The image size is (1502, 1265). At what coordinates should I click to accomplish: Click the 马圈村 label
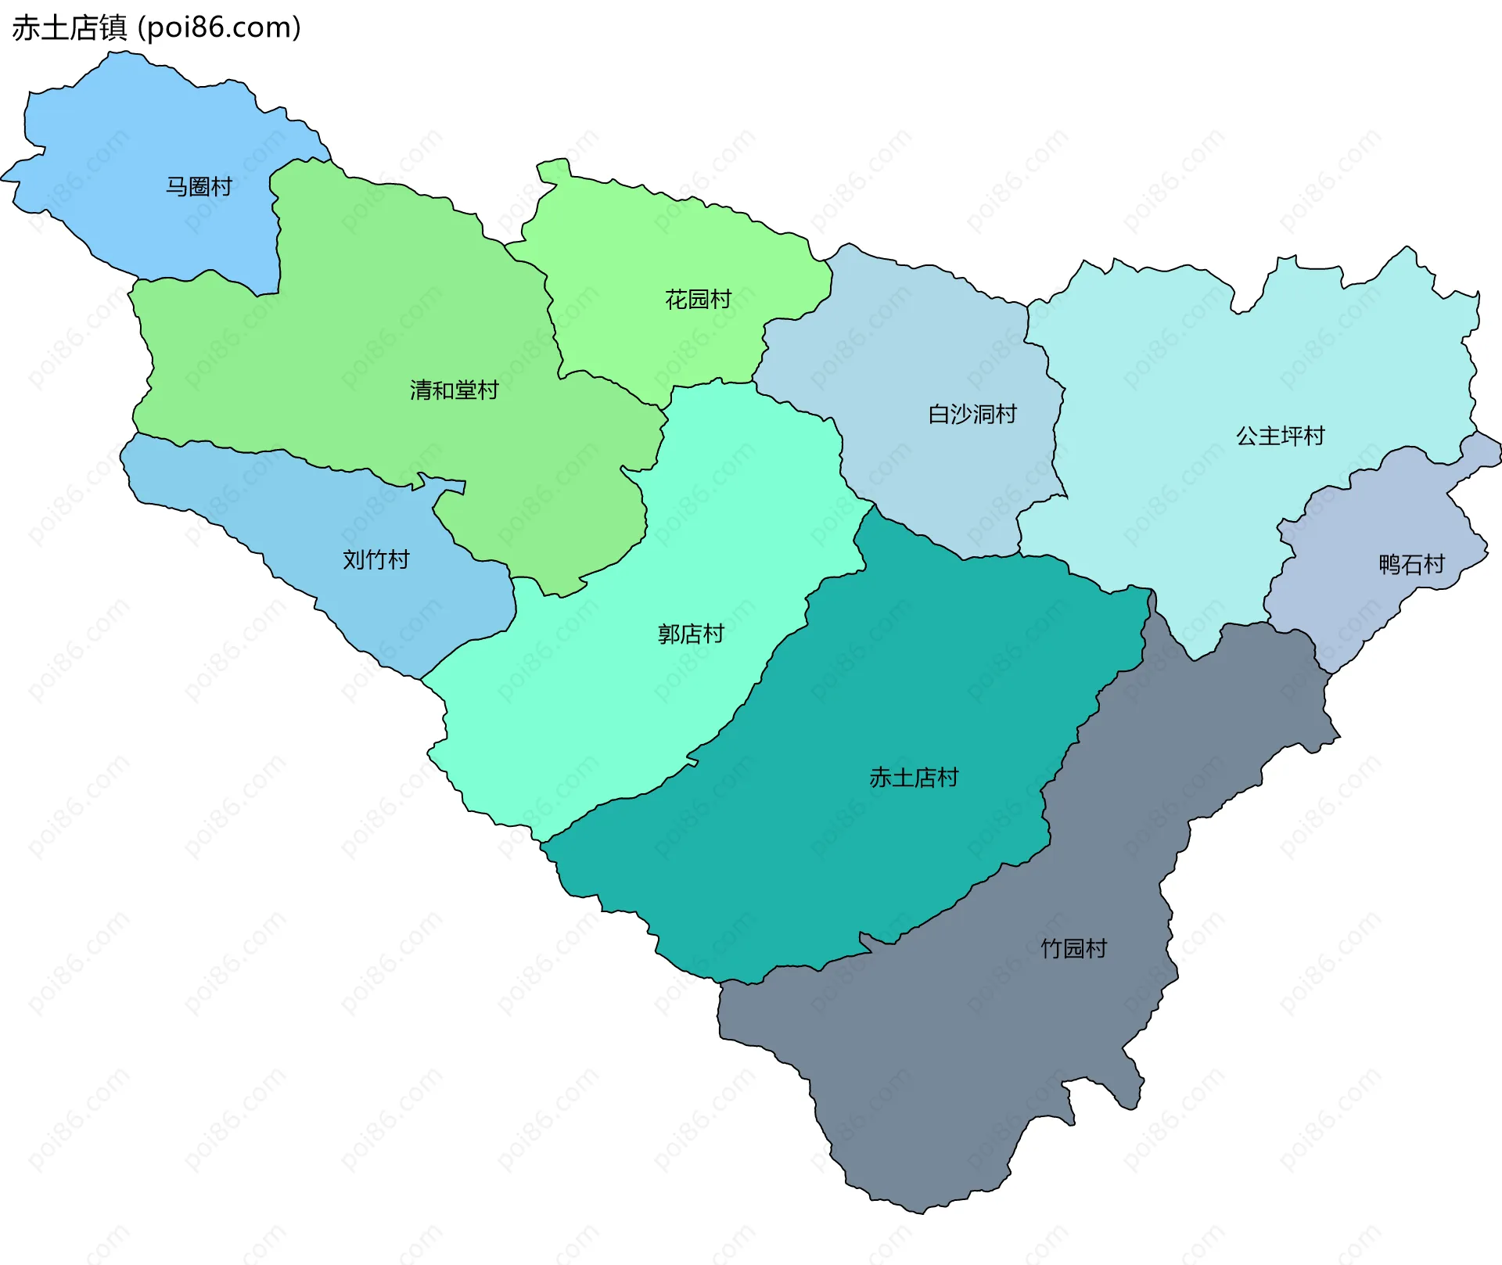199,186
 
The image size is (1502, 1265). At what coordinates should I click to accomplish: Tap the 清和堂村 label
454,390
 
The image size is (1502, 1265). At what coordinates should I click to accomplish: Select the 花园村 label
698,299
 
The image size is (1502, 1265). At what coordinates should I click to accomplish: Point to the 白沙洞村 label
972,414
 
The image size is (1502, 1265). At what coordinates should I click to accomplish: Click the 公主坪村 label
1280,436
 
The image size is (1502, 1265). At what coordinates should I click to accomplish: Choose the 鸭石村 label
1411,564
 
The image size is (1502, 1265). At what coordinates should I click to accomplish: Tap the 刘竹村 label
375,559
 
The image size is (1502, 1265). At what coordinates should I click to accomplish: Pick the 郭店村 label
691,634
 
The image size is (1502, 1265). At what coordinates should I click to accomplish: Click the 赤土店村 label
914,778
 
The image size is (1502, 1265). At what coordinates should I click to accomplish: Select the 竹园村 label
1073,948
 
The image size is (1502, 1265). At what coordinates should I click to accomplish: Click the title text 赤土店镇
69,28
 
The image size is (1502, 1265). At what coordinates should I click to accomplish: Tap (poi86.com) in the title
219,28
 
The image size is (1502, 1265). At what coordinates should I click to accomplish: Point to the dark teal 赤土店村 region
821,861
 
